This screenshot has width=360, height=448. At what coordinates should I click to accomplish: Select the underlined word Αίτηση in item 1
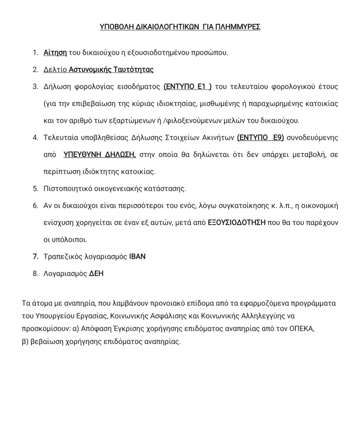click(x=55, y=52)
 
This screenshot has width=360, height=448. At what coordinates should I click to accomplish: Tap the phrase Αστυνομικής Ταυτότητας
click(x=111, y=70)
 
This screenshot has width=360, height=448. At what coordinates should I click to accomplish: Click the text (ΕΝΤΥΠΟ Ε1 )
click(x=187, y=87)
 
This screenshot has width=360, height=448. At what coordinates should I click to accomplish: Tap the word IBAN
click(x=137, y=257)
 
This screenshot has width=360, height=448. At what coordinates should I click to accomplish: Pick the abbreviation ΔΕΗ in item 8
click(x=96, y=274)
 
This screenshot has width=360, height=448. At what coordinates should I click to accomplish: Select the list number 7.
click(x=35, y=257)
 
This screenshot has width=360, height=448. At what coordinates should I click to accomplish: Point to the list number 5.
click(x=35, y=189)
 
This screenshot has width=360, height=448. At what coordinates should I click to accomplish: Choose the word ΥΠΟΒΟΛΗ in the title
click(x=115, y=27)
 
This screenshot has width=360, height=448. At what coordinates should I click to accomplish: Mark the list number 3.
click(x=35, y=87)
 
